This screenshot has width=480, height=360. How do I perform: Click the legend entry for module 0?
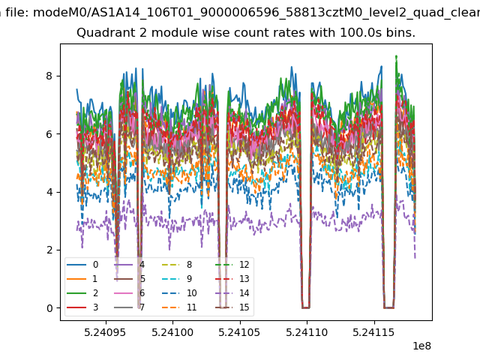pos(82,265)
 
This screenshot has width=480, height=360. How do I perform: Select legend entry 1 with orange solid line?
pos(82,279)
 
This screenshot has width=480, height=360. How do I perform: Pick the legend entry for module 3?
pos(82,307)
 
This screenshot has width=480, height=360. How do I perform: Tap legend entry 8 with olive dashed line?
pos(177,265)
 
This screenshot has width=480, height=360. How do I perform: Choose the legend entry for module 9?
pos(177,279)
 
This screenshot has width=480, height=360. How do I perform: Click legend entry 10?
pos(179,293)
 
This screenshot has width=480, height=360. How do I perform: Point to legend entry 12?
pos(232,265)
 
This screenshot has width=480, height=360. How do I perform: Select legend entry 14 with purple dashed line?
pos(232,293)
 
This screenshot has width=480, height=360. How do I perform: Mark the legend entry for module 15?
pos(232,307)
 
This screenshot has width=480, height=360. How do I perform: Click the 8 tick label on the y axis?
pos(49,76)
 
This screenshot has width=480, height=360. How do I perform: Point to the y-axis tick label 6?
pos(49,134)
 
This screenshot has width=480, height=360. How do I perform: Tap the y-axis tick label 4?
pos(49,192)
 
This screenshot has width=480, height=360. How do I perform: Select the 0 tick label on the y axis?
pos(49,308)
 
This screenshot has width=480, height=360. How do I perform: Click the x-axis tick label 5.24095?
pos(105,332)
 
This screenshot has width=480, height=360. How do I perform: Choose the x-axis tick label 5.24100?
pos(172,332)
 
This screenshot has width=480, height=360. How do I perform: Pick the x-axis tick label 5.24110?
pos(307,332)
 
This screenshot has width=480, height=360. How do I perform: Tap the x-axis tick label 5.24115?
pos(373,332)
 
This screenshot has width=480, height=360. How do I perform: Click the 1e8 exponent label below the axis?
pos(421,346)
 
